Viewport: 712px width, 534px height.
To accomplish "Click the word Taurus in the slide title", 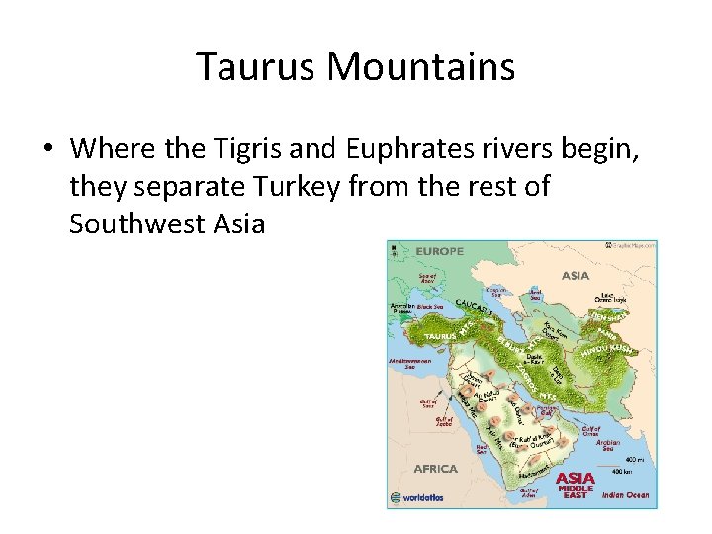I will [257, 67].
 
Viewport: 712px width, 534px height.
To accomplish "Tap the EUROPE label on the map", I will [438, 252].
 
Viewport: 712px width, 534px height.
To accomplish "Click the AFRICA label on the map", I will [434, 469].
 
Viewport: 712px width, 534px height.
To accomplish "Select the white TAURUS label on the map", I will [440, 336].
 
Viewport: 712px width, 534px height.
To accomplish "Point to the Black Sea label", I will [431, 308].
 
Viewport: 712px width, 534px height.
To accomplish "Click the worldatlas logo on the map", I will [423, 498].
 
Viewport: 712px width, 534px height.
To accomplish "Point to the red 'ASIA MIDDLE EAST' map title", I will [575, 485].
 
